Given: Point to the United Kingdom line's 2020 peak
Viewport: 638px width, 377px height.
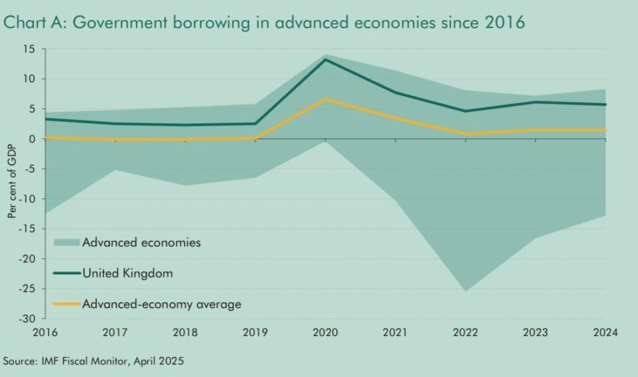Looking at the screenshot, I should point(325,60).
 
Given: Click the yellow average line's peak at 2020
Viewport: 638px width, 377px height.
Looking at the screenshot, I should point(325,100).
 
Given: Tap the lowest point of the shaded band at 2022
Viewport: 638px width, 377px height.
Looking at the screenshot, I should point(465,291).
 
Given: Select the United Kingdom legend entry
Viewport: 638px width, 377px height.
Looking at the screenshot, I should point(128,273).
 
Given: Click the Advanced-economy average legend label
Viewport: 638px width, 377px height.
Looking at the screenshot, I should point(161,304).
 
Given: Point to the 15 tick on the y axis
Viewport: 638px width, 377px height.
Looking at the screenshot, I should point(30,49).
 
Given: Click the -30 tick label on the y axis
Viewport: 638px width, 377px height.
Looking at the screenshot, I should point(27,319).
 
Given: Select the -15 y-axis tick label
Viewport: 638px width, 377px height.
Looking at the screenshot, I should point(27,229).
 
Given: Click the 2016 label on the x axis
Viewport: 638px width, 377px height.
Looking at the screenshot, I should point(45,333).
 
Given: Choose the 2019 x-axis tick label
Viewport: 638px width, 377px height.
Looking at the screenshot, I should point(254,333).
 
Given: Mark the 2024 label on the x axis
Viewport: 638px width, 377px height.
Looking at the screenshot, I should point(604,333).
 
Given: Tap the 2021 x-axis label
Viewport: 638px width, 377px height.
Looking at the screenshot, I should point(394,333).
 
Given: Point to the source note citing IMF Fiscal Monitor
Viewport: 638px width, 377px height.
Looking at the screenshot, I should point(94,361).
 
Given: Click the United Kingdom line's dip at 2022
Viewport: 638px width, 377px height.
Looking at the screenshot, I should point(465,111).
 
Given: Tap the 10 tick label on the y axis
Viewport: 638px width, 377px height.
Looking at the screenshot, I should point(30,79).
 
